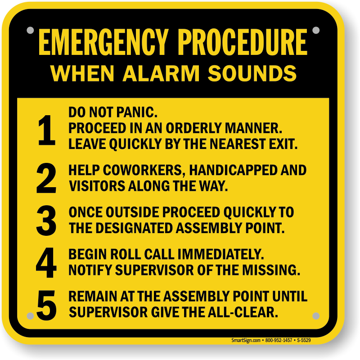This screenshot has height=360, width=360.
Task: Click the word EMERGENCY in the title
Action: point(103,42)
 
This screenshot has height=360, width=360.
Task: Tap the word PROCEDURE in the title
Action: point(243,42)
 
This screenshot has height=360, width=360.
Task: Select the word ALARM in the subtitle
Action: point(161,73)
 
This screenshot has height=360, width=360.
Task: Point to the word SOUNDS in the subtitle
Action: point(252,73)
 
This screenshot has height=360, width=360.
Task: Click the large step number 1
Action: point(47,130)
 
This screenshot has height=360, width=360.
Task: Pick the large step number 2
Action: point(46,178)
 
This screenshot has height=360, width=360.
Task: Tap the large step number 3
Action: point(46,220)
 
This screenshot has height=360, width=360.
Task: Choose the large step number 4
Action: point(46,263)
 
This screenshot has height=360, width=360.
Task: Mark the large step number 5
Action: point(46,305)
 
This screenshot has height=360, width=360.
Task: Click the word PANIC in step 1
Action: point(137,112)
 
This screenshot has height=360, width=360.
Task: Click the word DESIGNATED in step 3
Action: point(134,228)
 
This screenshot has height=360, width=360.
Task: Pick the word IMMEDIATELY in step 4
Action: point(221,254)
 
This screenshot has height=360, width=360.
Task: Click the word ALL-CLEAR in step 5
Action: point(243,312)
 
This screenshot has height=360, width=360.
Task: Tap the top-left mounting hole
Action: point(30,30)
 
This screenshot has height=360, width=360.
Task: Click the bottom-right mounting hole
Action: point(316,316)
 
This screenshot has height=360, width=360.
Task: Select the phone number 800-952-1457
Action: point(279,340)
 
